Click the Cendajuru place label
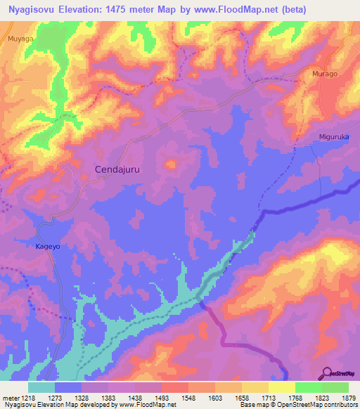tap(120, 169)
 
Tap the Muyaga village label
tap(21, 40)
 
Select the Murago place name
tap(326, 74)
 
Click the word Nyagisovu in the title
tap(34, 8)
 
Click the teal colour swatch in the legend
tap(41, 387)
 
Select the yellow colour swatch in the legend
tap(282, 387)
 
